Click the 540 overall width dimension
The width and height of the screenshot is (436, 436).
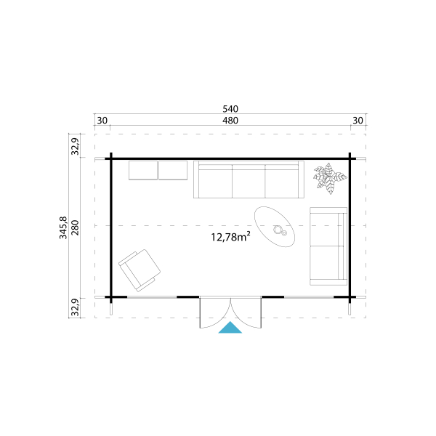230,109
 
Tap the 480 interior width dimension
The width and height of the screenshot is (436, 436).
230,121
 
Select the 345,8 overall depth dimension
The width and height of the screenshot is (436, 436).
63,227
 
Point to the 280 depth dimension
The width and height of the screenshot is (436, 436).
75,227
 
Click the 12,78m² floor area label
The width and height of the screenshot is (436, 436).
230,237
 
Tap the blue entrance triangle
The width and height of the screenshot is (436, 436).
230,327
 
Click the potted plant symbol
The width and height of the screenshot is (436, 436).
330,178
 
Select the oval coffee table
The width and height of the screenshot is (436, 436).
275,227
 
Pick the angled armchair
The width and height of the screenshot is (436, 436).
140,270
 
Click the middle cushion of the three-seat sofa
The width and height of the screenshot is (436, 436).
249,181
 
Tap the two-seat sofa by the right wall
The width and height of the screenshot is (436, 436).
328,246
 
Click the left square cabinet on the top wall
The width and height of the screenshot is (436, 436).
143,170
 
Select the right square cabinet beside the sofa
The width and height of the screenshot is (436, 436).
173,170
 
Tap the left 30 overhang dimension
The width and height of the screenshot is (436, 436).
102,121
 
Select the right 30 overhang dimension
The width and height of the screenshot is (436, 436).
358,121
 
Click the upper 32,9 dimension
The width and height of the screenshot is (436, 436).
75,146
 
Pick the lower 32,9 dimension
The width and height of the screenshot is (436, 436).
75,307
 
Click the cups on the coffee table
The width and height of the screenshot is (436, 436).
280,230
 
